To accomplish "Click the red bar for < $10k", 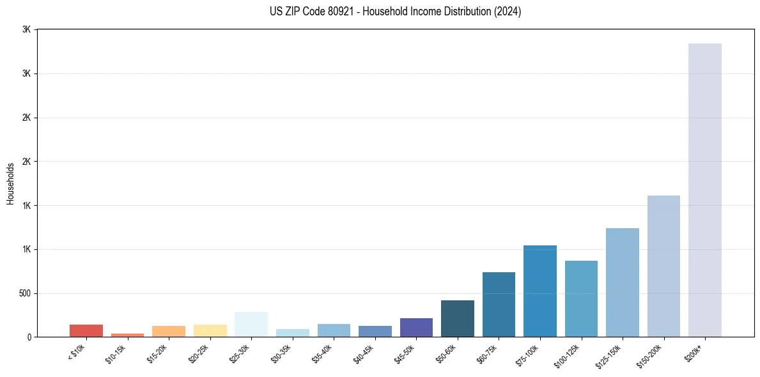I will point(86,330).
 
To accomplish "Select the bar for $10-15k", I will point(127,335).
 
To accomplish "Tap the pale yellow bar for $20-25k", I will point(210,330).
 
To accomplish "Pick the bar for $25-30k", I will point(251,324).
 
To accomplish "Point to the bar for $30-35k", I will point(292,333).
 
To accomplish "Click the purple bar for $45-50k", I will point(416,327).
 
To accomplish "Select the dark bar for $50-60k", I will point(458,318).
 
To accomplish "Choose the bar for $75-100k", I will point(540,291).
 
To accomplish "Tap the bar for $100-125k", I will point(581,298).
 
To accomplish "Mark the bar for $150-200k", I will point(663,266).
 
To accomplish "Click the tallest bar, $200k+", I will point(705,190).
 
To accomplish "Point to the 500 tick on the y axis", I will point(24,293).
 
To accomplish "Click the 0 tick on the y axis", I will point(29,337).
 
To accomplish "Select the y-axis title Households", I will point(10,183).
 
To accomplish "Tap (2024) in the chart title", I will point(508,12).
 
